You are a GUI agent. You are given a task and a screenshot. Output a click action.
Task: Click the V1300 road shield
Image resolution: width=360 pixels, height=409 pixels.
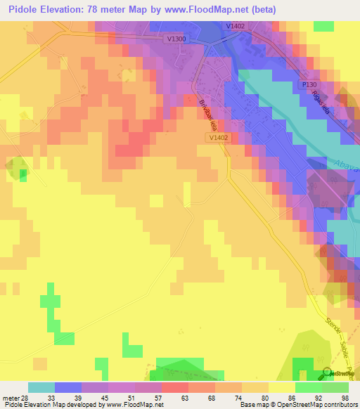pyautogui.click(x=177, y=39)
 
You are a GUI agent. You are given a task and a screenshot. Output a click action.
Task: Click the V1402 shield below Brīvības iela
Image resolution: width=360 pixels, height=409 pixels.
pyautogui.click(x=219, y=138)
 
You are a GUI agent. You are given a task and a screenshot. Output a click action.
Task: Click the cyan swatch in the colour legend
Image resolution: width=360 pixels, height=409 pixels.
pyautogui.click(x=41, y=387)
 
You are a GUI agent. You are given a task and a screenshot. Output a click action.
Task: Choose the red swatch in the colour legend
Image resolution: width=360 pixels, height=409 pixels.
pyautogui.click(x=175, y=387)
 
